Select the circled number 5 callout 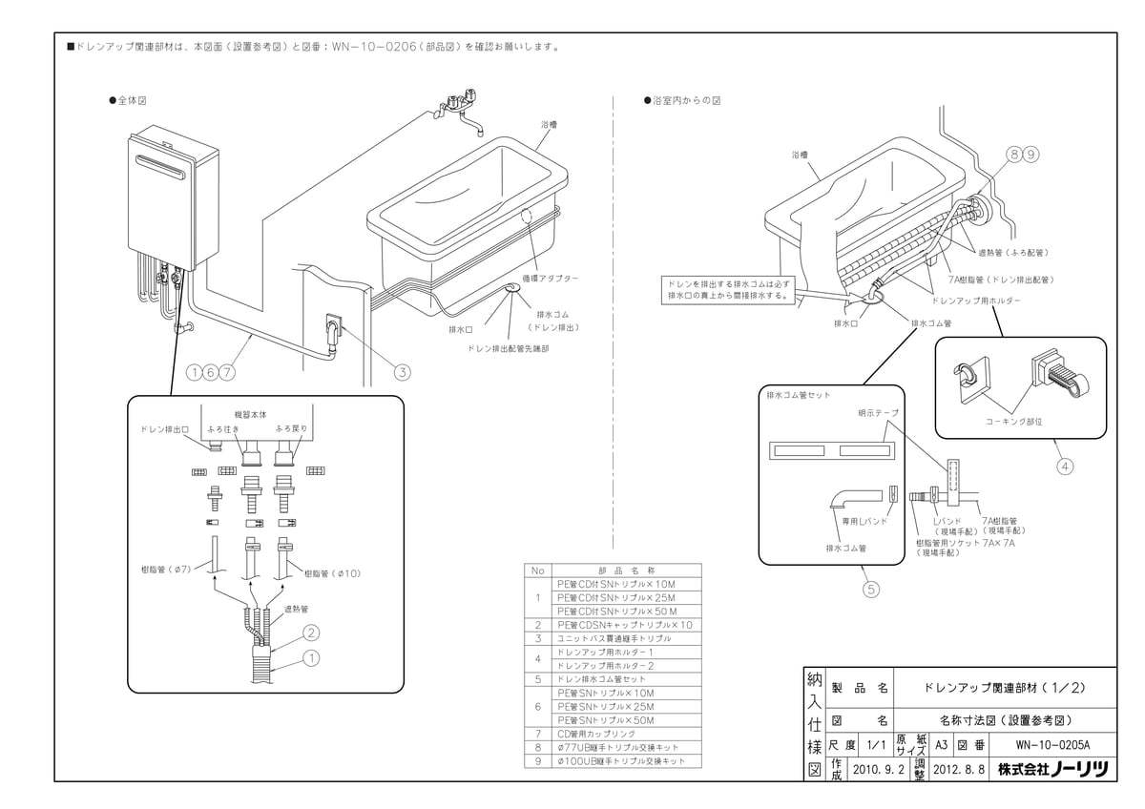click(x=869, y=589)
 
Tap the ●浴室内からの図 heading click(x=681, y=99)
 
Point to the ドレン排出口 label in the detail click(x=164, y=428)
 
